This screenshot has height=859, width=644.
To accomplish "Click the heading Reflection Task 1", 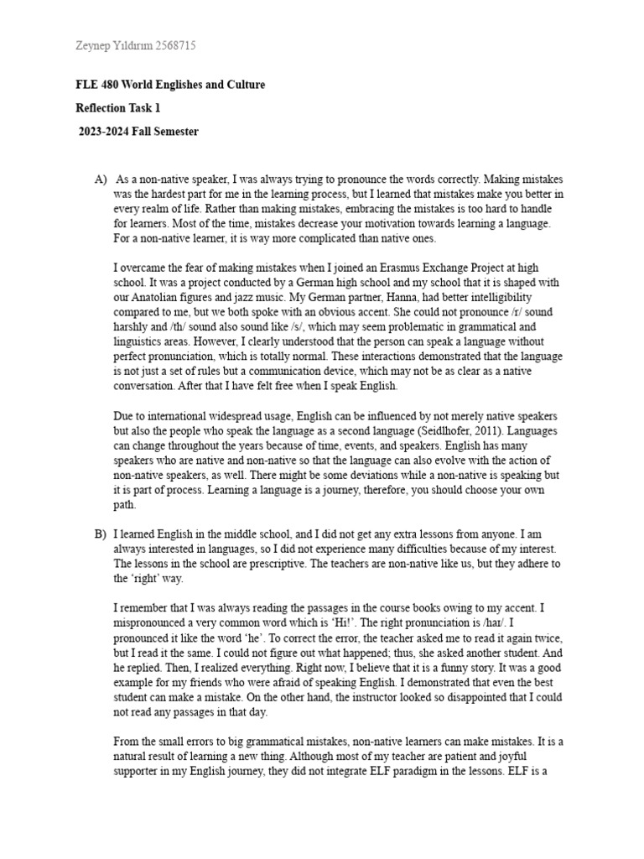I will (117, 108).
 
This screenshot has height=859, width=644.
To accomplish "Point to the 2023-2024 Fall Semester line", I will (138, 132).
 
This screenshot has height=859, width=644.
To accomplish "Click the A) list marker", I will (101, 180).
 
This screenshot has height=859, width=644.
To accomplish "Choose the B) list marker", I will (101, 533).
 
